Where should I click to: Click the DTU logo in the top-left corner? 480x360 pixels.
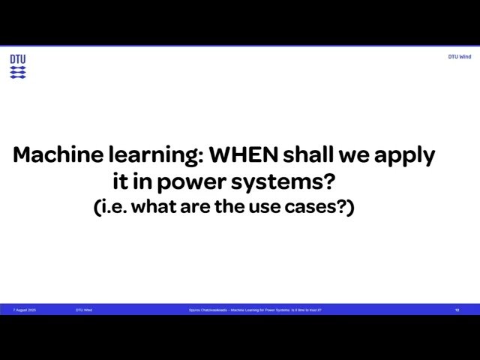click(18, 66)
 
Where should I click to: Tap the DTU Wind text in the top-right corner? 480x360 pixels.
click(460, 57)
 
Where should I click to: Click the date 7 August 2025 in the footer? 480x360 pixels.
click(24, 310)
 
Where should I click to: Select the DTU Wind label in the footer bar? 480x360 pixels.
click(84, 310)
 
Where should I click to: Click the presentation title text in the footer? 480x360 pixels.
click(255, 310)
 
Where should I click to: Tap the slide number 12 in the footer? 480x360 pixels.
click(457, 310)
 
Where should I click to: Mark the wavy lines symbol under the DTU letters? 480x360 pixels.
click(18, 72)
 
